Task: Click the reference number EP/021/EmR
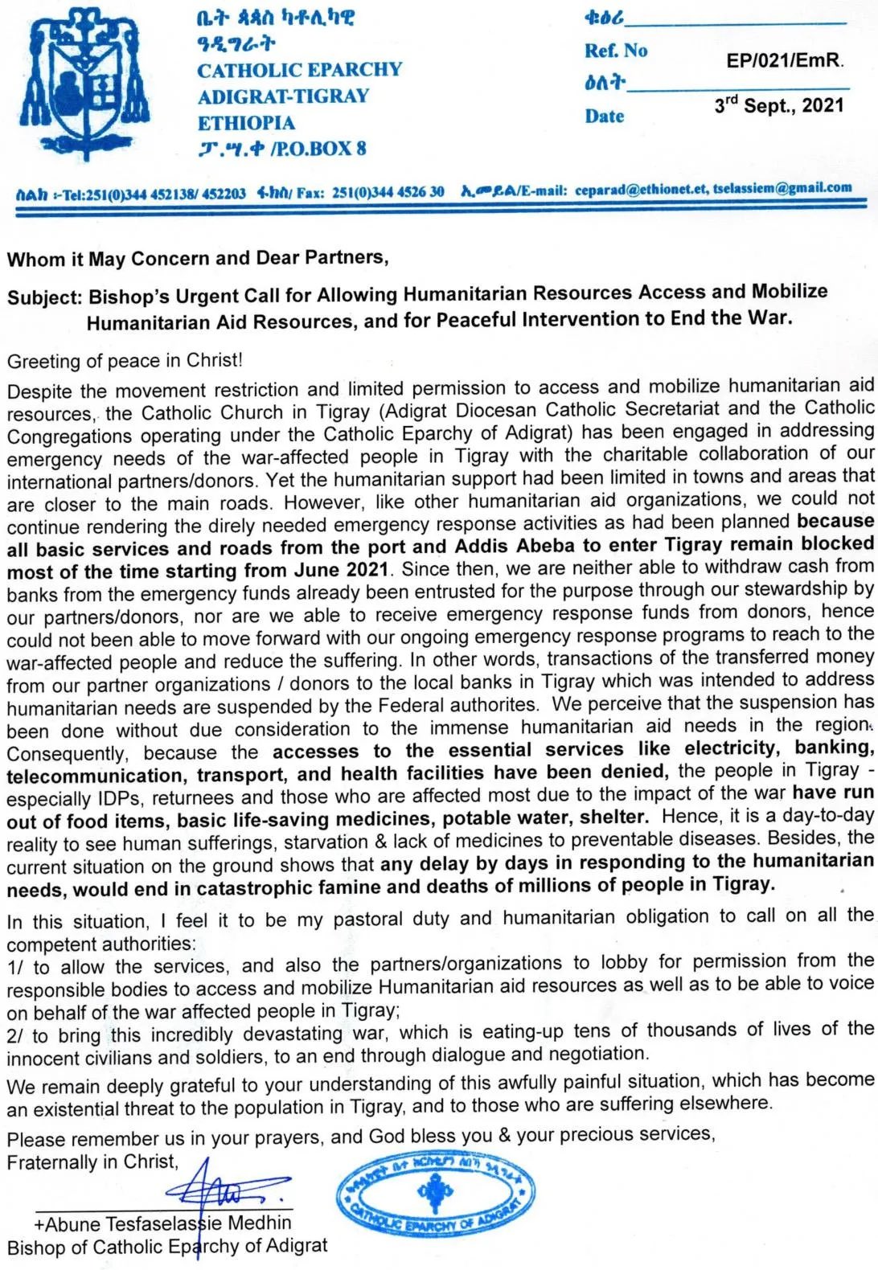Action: [x=784, y=60]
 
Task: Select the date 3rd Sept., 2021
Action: [x=778, y=105]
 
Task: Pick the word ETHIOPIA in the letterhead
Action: [x=246, y=123]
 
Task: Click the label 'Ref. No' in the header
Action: [x=615, y=51]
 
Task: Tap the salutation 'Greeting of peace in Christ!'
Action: [x=125, y=361]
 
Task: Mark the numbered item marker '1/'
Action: [x=16, y=969]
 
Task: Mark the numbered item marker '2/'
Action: [x=16, y=1036]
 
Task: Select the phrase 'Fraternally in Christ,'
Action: [x=92, y=1161]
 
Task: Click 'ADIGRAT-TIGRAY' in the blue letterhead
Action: [x=283, y=96]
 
